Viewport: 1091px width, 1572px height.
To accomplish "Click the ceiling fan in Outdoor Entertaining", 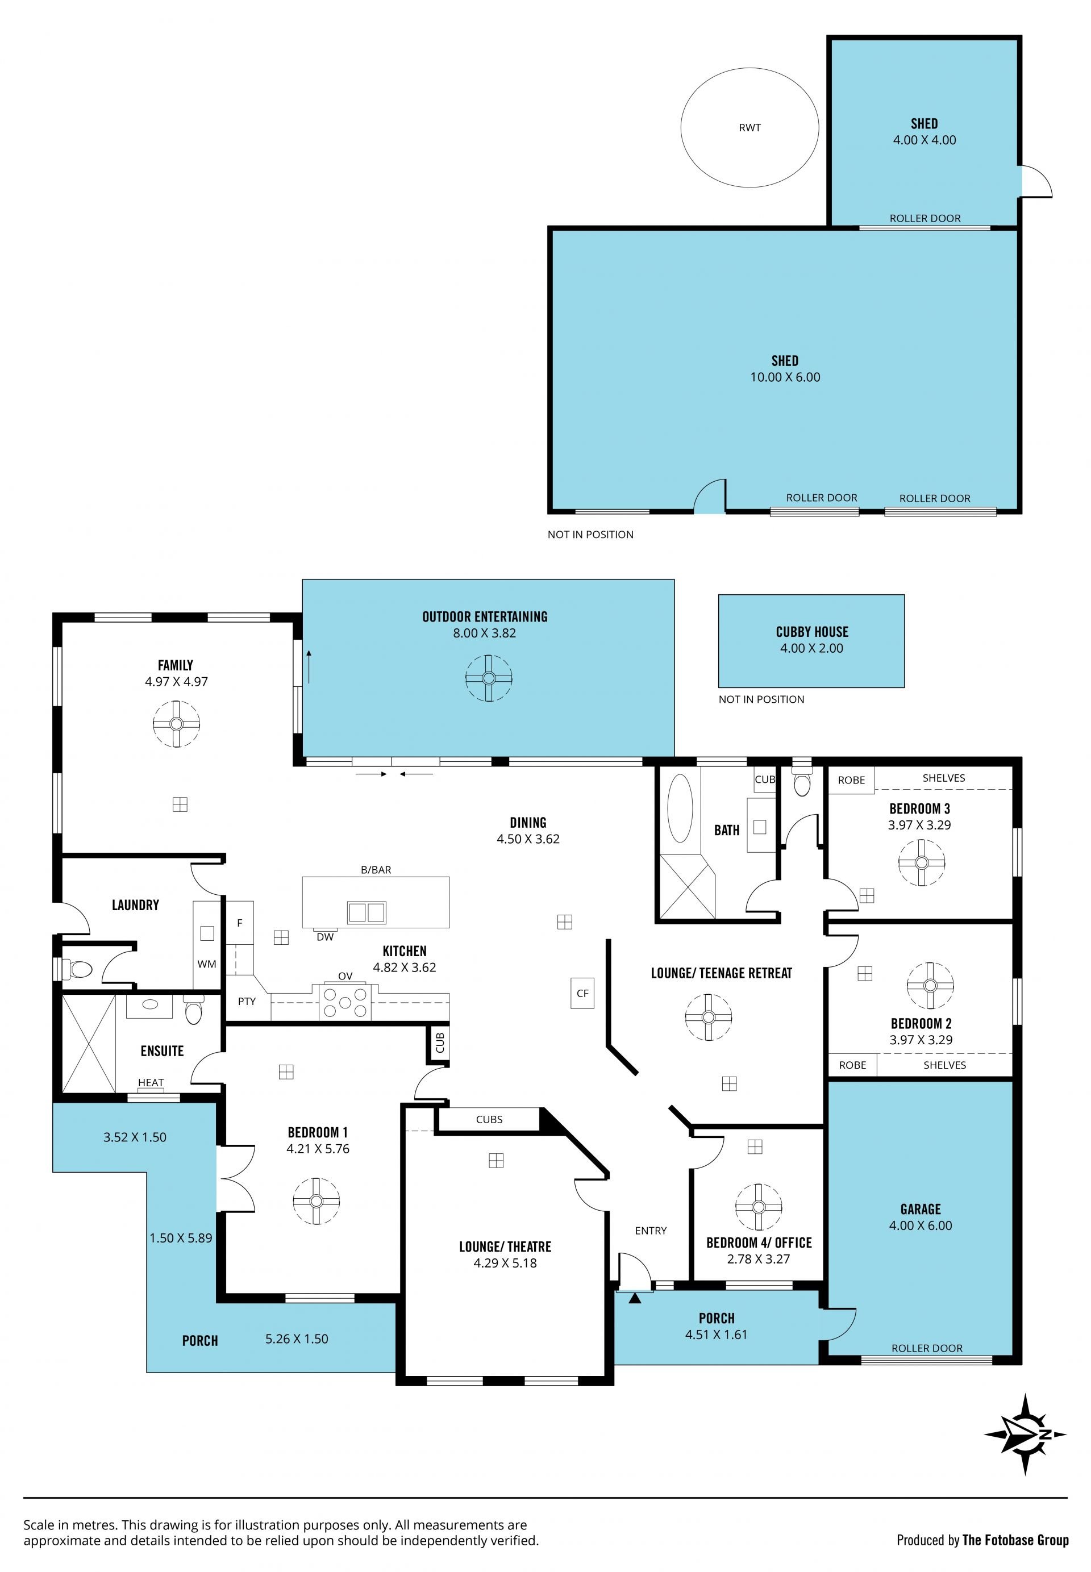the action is (x=489, y=678).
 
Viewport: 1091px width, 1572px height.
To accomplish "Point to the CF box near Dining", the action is (x=582, y=993).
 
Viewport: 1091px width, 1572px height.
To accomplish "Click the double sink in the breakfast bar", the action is (x=367, y=912).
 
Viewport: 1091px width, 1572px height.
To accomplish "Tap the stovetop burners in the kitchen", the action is (x=345, y=1003).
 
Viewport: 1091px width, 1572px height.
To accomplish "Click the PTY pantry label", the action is (x=247, y=1001).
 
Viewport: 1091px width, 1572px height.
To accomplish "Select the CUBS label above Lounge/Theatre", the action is (x=489, y=1119).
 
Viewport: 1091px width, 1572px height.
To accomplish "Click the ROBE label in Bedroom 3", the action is (x=851, y=780).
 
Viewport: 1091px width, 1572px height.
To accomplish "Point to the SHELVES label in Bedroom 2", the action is (x=945, y=1065).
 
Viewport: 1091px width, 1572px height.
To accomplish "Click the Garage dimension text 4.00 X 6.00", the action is (x=920, y=1225).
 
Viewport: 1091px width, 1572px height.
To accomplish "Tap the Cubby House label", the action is (x=812, y=632).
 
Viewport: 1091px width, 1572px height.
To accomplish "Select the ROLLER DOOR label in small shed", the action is (x=925, y=218).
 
